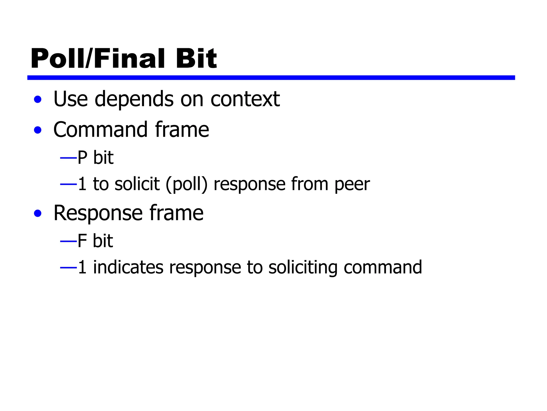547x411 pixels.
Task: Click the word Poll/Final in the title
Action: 97,59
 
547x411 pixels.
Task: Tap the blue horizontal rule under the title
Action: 271,78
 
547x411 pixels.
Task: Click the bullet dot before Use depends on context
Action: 38,100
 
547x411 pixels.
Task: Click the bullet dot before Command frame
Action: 38,130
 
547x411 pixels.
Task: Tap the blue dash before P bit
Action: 68,158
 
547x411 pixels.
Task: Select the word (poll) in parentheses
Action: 186,184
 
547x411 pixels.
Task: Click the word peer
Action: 352,185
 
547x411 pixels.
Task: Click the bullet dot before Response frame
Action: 38,214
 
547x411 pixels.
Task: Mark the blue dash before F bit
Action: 68,241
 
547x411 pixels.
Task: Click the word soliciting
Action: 303,268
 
